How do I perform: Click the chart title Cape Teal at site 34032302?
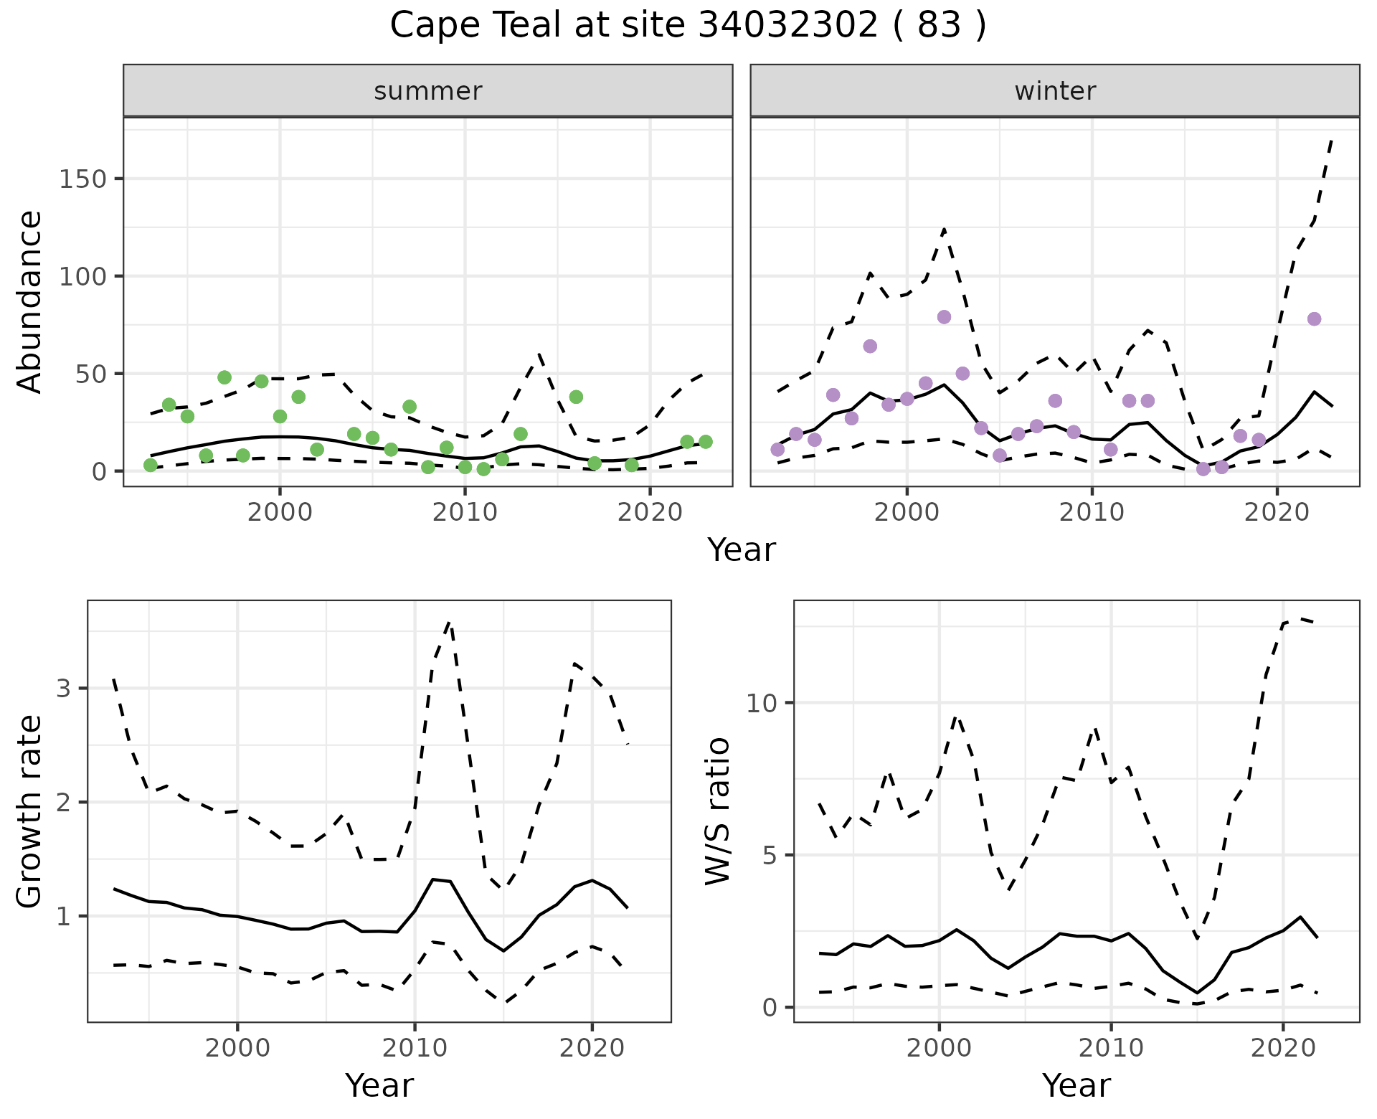[688, 26]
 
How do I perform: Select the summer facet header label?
[428, 91]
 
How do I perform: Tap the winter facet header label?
[1055, 91]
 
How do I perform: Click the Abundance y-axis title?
[29, 301]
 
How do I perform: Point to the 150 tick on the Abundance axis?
[82, 179]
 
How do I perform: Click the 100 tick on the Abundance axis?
[82, 276]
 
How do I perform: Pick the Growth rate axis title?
[29, 812]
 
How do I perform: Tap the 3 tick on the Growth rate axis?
[63, 689]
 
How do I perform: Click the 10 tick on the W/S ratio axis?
[762, 703]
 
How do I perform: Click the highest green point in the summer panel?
[224, 377]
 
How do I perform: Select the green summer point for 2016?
[576, 397]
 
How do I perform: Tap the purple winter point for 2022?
[1314, 319]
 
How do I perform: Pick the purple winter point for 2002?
[944, 317]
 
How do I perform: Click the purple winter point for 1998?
[870, 346]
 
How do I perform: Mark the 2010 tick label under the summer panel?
[465, 512]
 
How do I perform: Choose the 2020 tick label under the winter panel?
[1277, 512]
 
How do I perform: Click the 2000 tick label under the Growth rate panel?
[237, 1048]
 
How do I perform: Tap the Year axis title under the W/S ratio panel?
[1076, 1085]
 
